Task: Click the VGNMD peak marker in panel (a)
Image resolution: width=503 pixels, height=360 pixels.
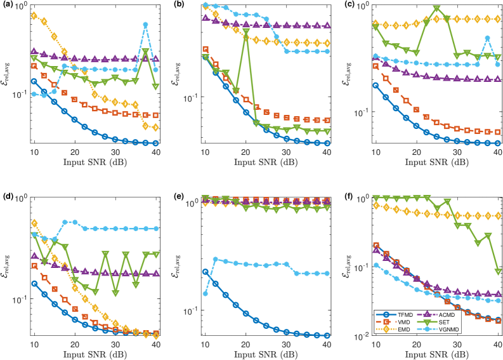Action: (146, 25)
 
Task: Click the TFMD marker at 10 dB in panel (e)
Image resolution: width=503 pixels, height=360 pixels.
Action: (205, 272)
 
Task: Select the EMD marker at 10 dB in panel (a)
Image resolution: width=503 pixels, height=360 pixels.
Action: (34, 15)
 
